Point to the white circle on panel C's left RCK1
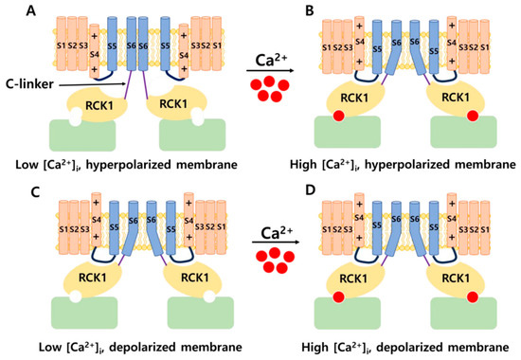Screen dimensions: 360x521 [49, 300]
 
